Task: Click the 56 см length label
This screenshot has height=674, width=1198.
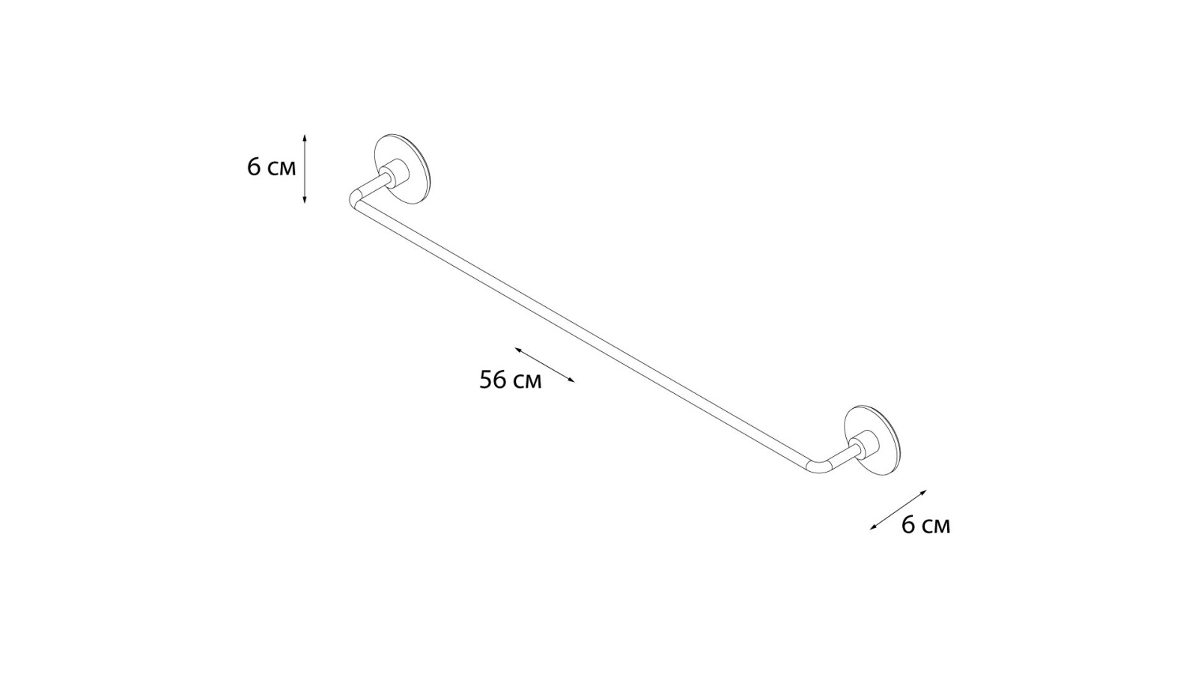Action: [510, 380]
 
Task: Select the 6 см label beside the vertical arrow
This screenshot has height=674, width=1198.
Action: [271, 168]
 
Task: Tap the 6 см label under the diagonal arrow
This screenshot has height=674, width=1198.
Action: [925, 525]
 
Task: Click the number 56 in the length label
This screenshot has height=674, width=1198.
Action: [493, 380]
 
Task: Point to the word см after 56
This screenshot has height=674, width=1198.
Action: [527, 382]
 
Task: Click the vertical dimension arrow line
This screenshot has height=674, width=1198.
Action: [304, 168]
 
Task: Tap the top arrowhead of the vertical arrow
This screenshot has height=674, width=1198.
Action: [304, 137]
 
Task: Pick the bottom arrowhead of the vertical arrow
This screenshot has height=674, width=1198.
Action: [304, 201]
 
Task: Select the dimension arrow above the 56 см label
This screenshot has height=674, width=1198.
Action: [544, 365]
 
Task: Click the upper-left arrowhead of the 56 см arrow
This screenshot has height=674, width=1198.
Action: [517, 349]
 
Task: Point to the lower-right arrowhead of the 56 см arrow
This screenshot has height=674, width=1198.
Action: [572, 381]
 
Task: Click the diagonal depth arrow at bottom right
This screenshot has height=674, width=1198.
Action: [898, 510]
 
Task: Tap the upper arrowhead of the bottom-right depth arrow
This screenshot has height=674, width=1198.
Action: [924, 491]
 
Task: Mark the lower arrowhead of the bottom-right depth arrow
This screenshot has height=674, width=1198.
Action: [872, 528]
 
